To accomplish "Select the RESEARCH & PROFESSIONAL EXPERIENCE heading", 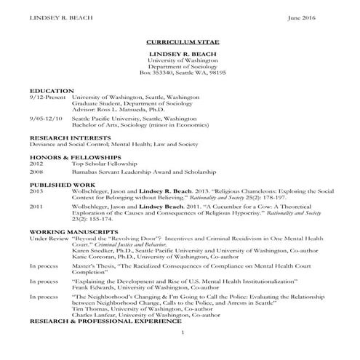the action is (x=115, y=321).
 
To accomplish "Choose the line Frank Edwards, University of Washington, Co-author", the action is (x=139, y=287).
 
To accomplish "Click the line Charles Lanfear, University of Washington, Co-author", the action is (x=142, y=314).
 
